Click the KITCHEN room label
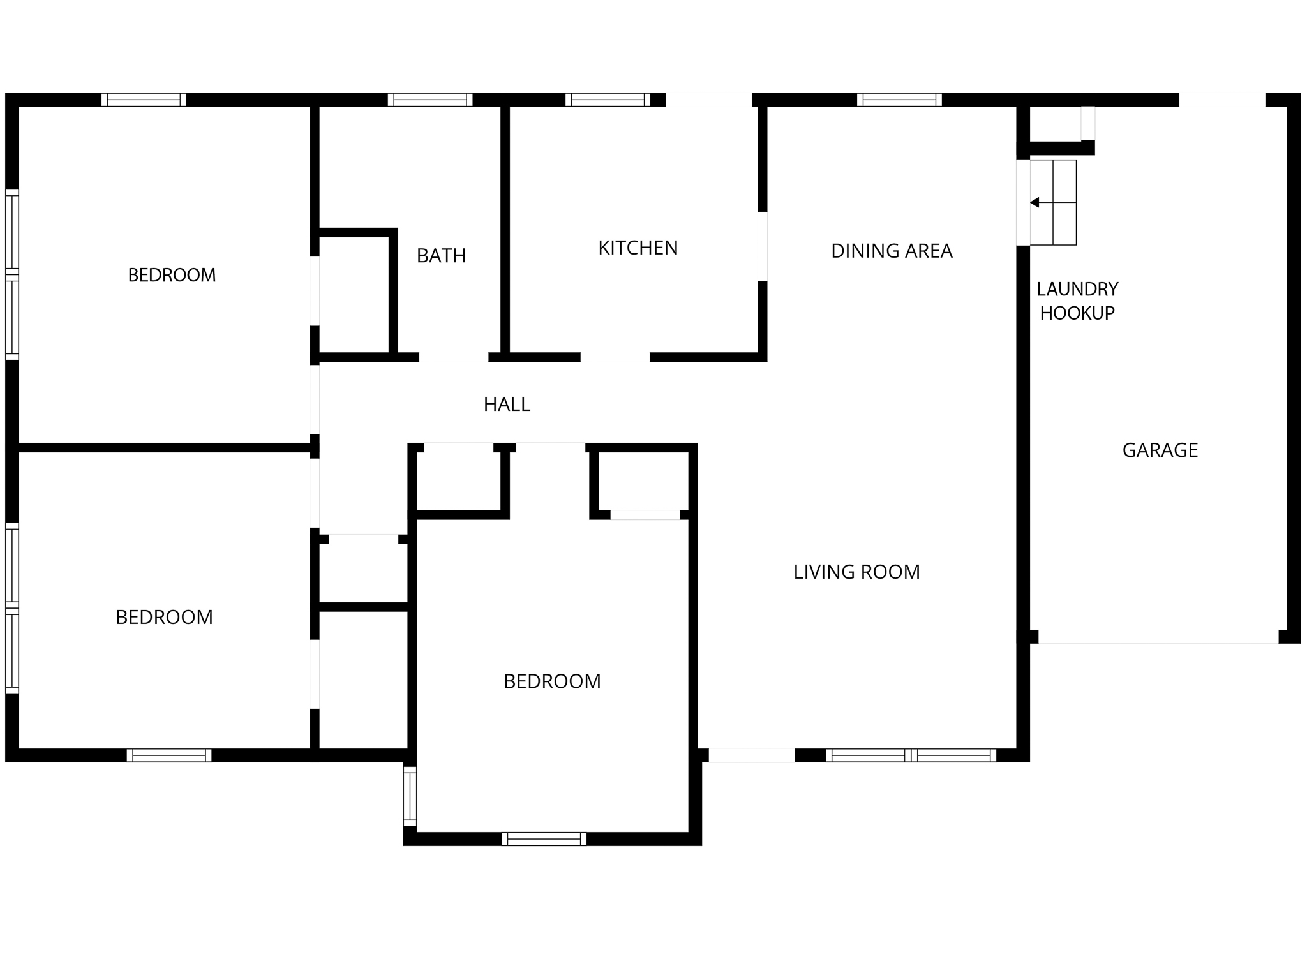(x=638, y=248)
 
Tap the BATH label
(x=441, y=256)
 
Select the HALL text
(x=507, y=405)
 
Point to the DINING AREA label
(x=891, y=251)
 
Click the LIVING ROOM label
(x=856, y=572)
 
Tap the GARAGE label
(x=1160, y=450)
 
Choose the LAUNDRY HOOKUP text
(x=1077, y=301)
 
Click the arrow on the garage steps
(x=1034, y=203)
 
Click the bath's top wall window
(x=430, y=100)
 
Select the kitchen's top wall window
(x=608, y=100)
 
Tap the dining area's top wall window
(x=899, y=100)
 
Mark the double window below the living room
(x=911, y=755)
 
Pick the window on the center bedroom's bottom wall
(x=544, y=839)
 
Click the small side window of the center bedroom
(x=410, y=796)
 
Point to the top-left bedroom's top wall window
(x=144, y=100)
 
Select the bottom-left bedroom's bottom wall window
(x=169, y=755)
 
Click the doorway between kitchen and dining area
(x=762, y=246)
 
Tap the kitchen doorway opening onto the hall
(x=615, y=357)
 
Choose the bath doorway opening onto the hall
(x=454, y=357)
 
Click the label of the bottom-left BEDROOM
(x=164, y=618)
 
